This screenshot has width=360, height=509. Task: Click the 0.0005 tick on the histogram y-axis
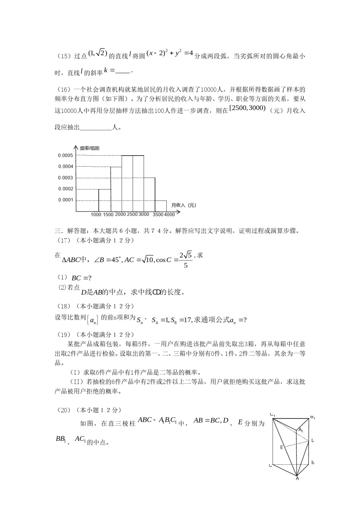point(65,156)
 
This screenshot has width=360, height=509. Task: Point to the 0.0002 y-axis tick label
point(65,189)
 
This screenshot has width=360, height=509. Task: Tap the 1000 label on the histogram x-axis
point(96,215)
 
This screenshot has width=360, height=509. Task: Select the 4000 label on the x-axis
point(170,215)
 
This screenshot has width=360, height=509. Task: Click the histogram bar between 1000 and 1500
point(104,200)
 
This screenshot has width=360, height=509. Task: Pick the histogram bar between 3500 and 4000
point(161,206)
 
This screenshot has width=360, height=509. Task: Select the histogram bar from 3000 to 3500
point(149,194)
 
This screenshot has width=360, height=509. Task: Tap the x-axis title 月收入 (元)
point(183,205)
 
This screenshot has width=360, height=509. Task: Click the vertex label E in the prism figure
point(282,447)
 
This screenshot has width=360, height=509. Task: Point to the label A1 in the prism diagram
point(301,430)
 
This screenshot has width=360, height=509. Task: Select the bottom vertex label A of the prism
point(297,479)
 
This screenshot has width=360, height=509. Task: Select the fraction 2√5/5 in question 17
point(186,260)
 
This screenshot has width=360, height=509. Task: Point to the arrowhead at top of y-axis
point(76,147)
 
